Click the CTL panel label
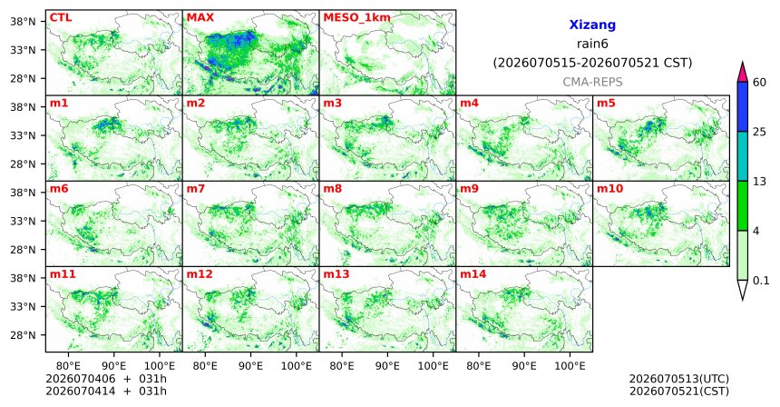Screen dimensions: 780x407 coord(61,18)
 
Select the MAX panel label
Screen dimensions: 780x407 coord(200,18)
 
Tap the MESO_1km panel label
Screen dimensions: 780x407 coord(356,18)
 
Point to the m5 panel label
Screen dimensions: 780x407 coord(606,104)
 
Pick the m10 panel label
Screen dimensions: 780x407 coord(609,189)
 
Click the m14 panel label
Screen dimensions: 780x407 coord(473,274)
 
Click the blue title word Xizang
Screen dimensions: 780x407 coord(592,25)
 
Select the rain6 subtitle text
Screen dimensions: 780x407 coord(592,45)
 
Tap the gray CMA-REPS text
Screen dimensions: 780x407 coord(592,82)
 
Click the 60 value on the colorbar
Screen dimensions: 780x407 coord(759,83)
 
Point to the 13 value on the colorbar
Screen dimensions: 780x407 coord(759,182)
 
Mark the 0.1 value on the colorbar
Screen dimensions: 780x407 coord(761,281)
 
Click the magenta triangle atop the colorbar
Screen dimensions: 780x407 coord(743,73)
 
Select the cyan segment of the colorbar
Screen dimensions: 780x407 coord(743,156)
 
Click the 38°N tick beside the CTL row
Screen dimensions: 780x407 coord(23,22)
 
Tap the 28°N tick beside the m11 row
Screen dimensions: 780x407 coord(23,335)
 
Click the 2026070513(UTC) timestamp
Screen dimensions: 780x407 coord(679,380)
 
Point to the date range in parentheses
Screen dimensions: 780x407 coord(592,64)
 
